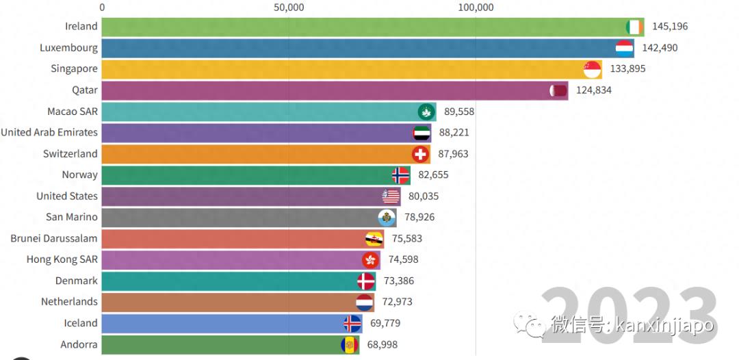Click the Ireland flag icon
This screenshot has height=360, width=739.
click(634, 27)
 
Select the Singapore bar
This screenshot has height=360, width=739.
click(342, 69)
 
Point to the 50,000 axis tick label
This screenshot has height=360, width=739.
click(289, 8)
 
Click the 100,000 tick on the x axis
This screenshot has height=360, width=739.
click(476, 8)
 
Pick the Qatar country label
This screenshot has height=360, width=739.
click(85, 90)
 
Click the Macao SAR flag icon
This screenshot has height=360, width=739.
click(426, 112)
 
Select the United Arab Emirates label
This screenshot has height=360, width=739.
click(49, 133)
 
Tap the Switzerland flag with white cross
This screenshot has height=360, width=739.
click(420, 154)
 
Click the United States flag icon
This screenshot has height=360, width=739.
click(391, 196)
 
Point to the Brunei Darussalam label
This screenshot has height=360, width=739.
click(54, 239)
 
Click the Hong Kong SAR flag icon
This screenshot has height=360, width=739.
click(370, 260)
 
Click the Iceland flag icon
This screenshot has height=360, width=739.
click(352, 323)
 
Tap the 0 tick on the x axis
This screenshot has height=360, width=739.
click(102, 8)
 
